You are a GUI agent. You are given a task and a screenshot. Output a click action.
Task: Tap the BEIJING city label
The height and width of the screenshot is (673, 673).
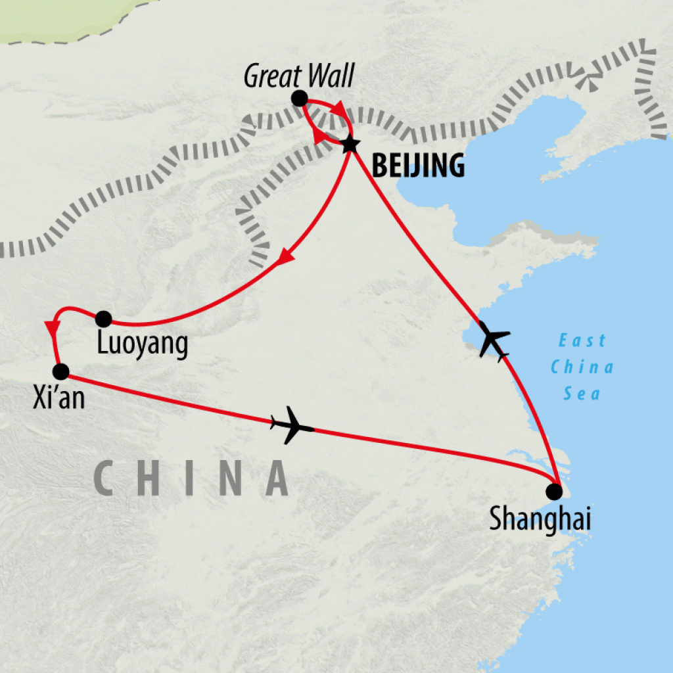point(418,166)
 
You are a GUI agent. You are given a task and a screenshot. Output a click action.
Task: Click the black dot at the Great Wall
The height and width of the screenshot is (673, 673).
point(299,99)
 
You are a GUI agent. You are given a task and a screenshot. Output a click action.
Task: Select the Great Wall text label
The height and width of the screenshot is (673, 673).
point(298,77)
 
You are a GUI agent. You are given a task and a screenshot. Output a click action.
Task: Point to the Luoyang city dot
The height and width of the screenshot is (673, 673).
point(103,319)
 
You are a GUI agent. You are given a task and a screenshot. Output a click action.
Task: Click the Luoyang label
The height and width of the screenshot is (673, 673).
point(142,344)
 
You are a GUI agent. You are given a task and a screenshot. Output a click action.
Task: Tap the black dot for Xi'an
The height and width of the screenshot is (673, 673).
point(60,372)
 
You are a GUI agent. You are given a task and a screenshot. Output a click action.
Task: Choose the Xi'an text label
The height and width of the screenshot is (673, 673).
point(58,398)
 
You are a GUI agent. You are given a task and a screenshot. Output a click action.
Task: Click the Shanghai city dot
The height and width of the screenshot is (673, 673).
point(555,491)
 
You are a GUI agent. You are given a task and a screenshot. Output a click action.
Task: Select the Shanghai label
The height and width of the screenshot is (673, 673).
point(540,520)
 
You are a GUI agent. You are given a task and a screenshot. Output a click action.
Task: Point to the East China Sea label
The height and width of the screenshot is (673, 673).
point(582,367)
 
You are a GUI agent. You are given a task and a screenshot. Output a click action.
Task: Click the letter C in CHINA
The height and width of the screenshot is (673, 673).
point(108,478)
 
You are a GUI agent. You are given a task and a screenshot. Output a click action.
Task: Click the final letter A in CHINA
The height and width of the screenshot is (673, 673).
point(276,478)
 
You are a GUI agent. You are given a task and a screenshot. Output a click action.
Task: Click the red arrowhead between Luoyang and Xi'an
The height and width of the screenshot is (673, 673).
point(51,327)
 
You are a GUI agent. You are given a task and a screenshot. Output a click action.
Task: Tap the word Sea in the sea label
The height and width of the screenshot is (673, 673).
point(582,394)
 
